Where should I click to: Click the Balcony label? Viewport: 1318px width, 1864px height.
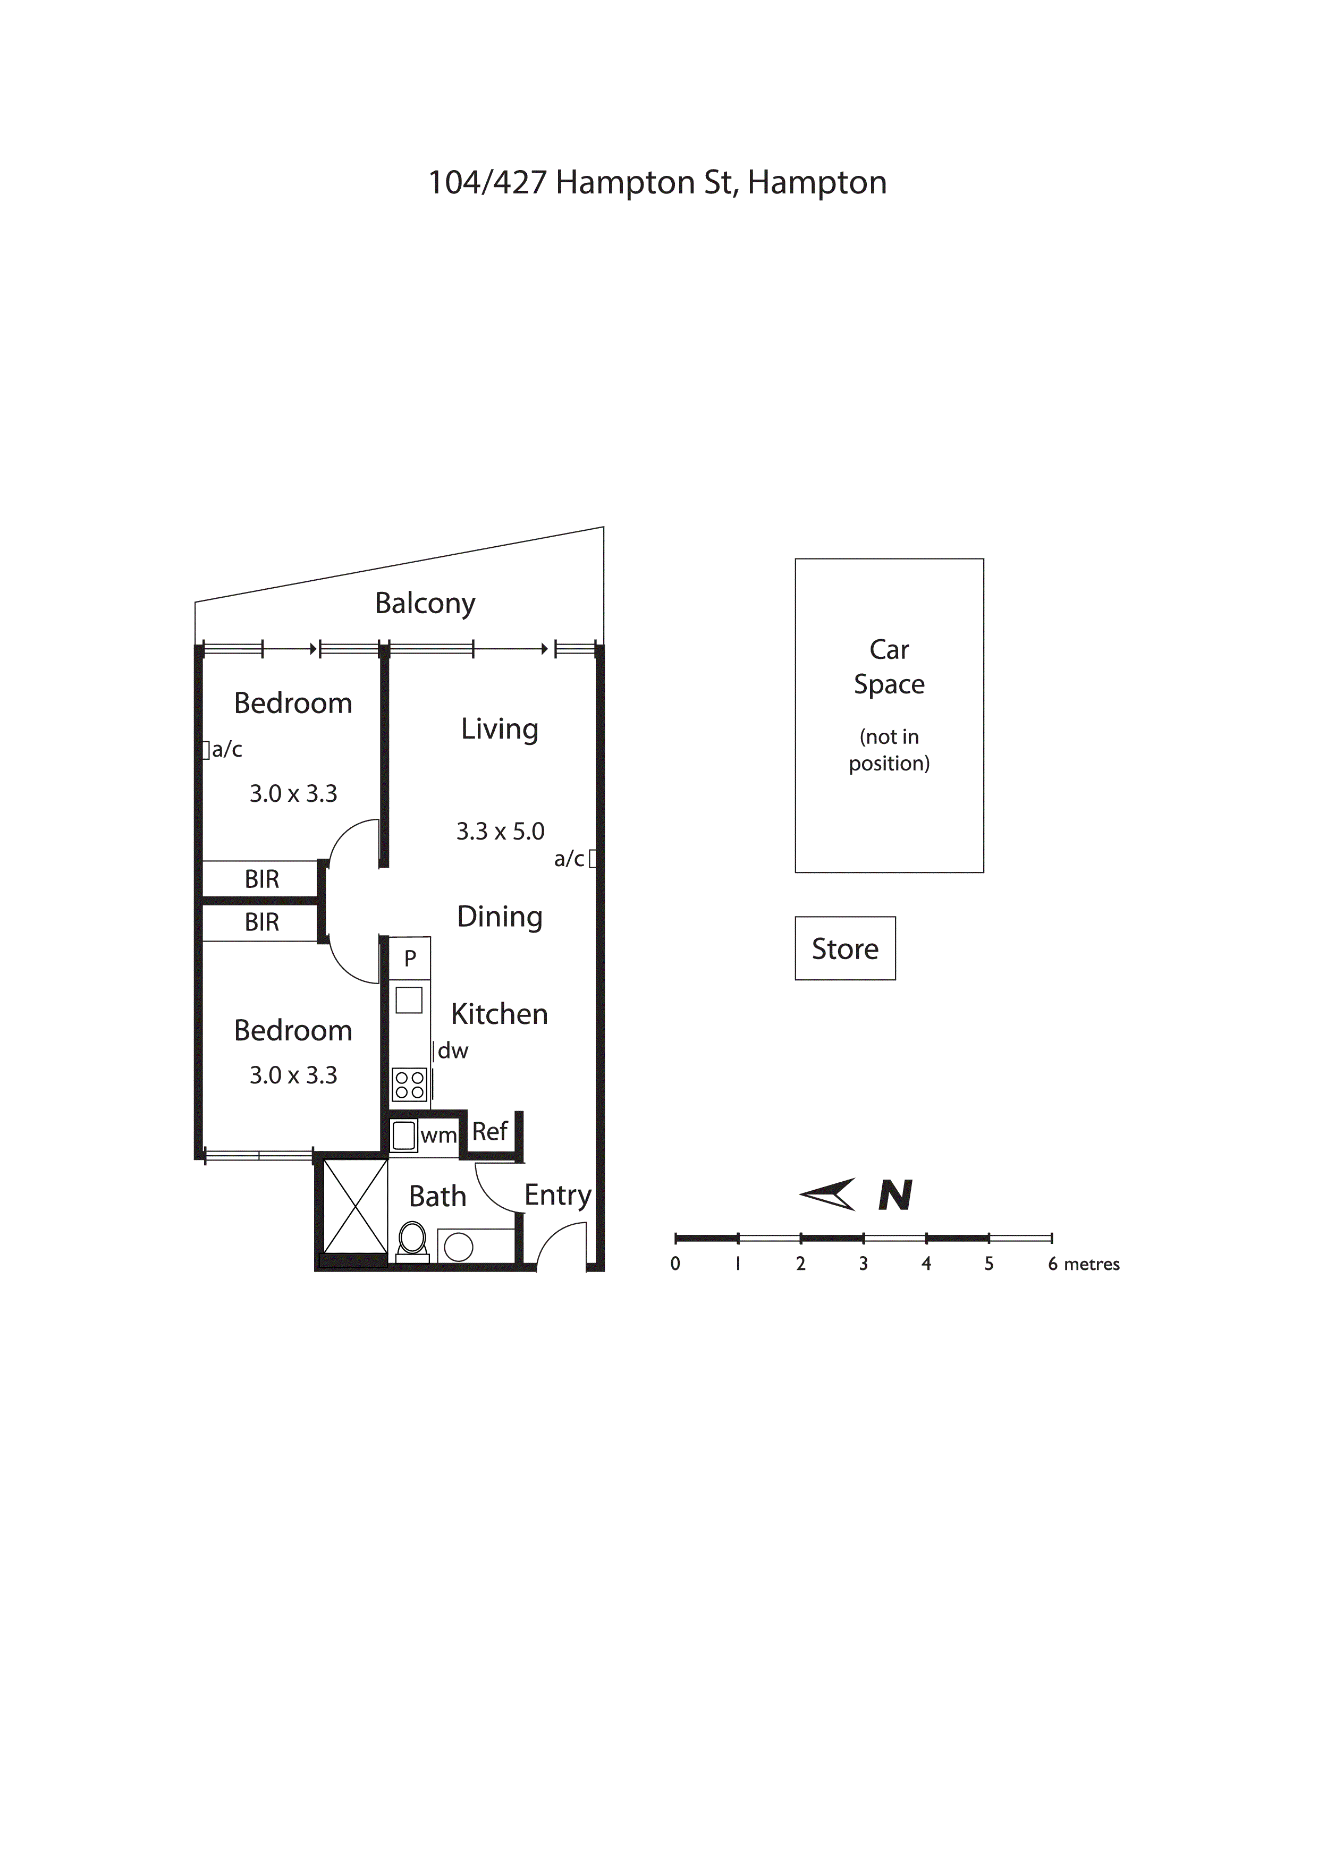click(425, 603)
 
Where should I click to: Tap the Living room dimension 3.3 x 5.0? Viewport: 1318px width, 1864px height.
click(500, 832)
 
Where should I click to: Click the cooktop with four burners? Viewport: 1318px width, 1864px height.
click(409, 1084)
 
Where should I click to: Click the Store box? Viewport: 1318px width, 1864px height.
click(844, 948)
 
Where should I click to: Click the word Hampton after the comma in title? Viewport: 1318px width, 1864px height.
click(816, 183)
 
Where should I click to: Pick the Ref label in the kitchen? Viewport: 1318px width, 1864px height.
click(489, 1132)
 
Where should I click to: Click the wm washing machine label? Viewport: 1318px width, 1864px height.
click(438, 1136)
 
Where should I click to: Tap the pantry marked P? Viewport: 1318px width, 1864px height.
click(410, 958)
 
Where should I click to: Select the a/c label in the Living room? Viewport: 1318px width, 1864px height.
click(569, 859)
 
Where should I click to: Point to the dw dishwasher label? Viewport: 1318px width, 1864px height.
click(453, 1052)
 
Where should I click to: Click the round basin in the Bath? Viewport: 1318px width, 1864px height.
click(459, 1247)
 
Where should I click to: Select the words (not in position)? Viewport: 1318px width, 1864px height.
click(889, 750)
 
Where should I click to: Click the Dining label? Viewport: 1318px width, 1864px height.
click(500, 917)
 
